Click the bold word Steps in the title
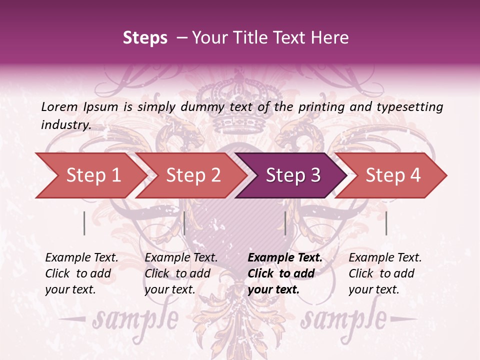[x=145, y=38]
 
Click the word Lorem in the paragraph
[x=59, y=106]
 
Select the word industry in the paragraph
[x=65, y=125]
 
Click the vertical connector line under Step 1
[x=84, y=223]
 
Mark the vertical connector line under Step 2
[x=184, y=223]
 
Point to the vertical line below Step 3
[x=285, y=223]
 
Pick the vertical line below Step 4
[x=386, y=223]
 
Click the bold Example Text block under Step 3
[x=284, y=273]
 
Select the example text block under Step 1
[x=81, y=273]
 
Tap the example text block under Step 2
[x=181, y=273]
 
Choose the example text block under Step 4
[x=385, y=273]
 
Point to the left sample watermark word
[x=135, y=318]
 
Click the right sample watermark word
[x=343, y=318]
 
